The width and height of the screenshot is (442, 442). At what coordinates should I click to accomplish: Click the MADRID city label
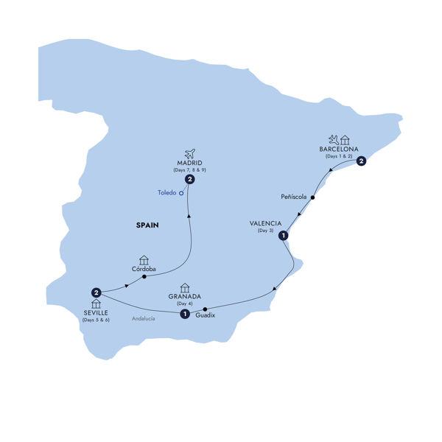[190, 163]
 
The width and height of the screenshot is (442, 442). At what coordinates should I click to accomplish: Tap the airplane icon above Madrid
[190, 152]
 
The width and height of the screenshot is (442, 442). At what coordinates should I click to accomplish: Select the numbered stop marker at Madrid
[190, 179]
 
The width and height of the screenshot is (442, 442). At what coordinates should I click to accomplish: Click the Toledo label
[167, 194]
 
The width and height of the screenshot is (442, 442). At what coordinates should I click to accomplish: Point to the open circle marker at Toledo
[181, 194]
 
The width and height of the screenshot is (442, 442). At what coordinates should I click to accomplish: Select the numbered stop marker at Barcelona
[361, 164]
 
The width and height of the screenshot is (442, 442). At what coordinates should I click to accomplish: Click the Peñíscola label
[295, 197]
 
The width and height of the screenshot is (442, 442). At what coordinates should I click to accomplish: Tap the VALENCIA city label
[265, 224]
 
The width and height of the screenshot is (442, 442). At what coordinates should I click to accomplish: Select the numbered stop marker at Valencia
[283, 236]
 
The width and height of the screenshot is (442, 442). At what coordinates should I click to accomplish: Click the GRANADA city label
[184, 296]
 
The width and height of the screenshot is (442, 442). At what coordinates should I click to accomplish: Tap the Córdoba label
[144, 269]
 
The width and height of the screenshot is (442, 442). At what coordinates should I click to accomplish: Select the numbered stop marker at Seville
[96, 291]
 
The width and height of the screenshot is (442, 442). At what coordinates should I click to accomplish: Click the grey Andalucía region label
[144, 318]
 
